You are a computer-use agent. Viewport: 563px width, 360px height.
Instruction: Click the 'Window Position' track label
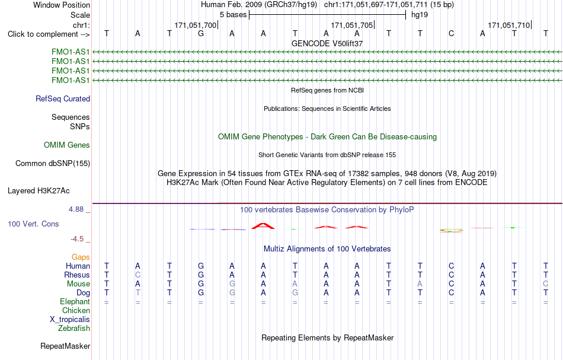tap(62, 5)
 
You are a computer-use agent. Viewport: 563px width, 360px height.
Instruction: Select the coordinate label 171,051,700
tap(196, 25)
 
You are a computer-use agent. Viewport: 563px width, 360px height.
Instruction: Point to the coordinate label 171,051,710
tap(509, 25)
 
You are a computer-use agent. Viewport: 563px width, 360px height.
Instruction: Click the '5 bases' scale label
tap(233, 15)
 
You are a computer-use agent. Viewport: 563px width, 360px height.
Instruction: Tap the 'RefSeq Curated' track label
tap(63, 99)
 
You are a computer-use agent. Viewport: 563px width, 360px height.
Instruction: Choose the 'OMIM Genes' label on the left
tap(67, 145)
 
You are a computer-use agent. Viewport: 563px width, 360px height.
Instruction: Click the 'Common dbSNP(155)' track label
tap(53, 164)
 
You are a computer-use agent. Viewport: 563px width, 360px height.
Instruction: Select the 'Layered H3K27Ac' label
tap(39, 191)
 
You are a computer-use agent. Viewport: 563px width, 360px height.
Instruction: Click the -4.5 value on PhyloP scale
tap(77, 239)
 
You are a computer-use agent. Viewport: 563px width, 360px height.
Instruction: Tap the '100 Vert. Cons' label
tap(33, 224)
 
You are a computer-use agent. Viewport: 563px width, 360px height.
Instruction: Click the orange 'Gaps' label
tap(81, 257)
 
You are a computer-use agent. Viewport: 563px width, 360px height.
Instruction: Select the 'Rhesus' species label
tap(77, 275)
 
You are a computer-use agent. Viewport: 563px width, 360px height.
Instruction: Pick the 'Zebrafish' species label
tap(74, 328)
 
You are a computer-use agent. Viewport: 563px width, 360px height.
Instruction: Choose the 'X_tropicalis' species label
tap(70, 320)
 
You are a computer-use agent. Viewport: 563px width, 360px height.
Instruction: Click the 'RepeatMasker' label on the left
tap(65, 346)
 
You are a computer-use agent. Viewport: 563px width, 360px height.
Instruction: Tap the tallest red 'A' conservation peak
tap(263, 226)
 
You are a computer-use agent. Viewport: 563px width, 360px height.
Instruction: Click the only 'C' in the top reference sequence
tap(452, 34)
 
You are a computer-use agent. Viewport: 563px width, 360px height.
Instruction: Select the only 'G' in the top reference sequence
tap(201, 34)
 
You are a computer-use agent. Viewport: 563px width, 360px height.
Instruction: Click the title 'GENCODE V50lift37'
tap(327, 43)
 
